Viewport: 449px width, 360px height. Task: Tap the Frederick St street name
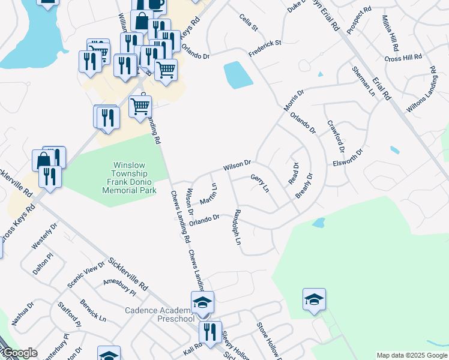(265, 49)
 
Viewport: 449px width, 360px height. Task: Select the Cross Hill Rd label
(403, 58)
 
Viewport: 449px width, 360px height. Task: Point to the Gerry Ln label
(260, 183)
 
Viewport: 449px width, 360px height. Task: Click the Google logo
(19, 353)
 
